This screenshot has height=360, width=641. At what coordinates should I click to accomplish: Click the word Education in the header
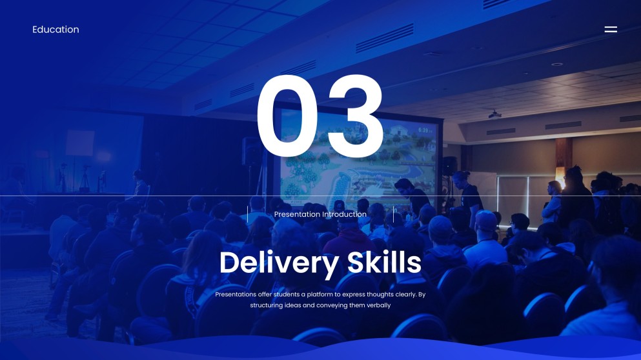click(56, 30)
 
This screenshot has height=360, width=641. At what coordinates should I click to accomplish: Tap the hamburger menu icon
click(610, 30)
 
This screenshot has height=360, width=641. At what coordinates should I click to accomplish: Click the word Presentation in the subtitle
click(297, 214)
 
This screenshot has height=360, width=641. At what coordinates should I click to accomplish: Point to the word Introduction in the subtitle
click(344, 214)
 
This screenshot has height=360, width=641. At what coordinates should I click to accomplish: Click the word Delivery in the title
click(279, 263)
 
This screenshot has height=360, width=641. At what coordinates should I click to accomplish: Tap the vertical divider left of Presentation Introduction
click(247, 214)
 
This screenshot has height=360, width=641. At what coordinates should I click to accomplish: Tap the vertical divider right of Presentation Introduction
click(393, 214)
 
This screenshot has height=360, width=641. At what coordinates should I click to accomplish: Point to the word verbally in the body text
click(378, 305)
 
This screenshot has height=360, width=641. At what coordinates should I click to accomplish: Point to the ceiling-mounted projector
click(494, 114)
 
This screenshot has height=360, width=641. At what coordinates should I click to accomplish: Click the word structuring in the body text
click(266, 305)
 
